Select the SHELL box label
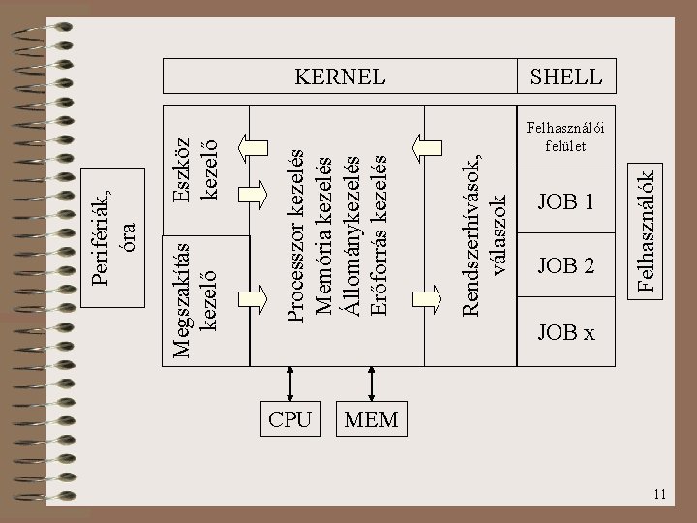(566, 76)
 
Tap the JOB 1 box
(566, 202)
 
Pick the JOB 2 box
(566, 265)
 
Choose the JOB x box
(566, 333)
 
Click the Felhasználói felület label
(566, 137)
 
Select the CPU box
(289, 419)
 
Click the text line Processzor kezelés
(299, 232)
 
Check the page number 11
(660, 496)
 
